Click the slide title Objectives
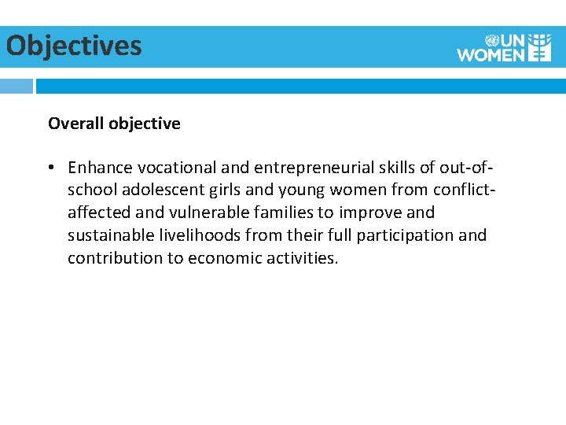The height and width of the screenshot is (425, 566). (74, 46)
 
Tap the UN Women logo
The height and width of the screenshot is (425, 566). (505, 47)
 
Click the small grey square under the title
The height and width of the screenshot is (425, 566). (17, 86)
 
